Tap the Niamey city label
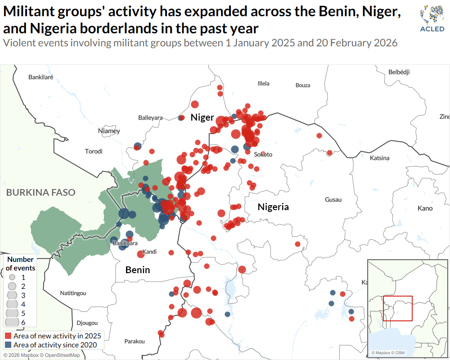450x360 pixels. click(x=109, y=131)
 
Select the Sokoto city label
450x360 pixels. click(x=263, y=154)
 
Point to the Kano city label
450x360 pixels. click(x=425, y=208)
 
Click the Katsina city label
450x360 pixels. click(x=379, y=158)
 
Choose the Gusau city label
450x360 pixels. click(x=333, y=199)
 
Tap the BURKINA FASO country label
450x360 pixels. click(x=40, y=193)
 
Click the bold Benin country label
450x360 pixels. click(x=138, y=270)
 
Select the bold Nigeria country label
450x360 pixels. click(x=273, y=207)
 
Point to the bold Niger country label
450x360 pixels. click(x=202, y=117)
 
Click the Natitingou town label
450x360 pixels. click(x=73, y=293)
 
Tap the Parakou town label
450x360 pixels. click(x=135, y=341)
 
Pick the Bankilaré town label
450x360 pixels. click(x=41, y=77)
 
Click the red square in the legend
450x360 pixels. click(x=8, y=336)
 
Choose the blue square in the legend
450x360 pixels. click(x=8, y=345)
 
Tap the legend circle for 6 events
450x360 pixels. click(x=12, y=322)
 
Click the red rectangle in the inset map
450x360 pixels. click(x=398, y=308)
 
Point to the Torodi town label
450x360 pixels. click(x=94, y=151)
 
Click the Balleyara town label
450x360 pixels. click(x=150, y=117)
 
